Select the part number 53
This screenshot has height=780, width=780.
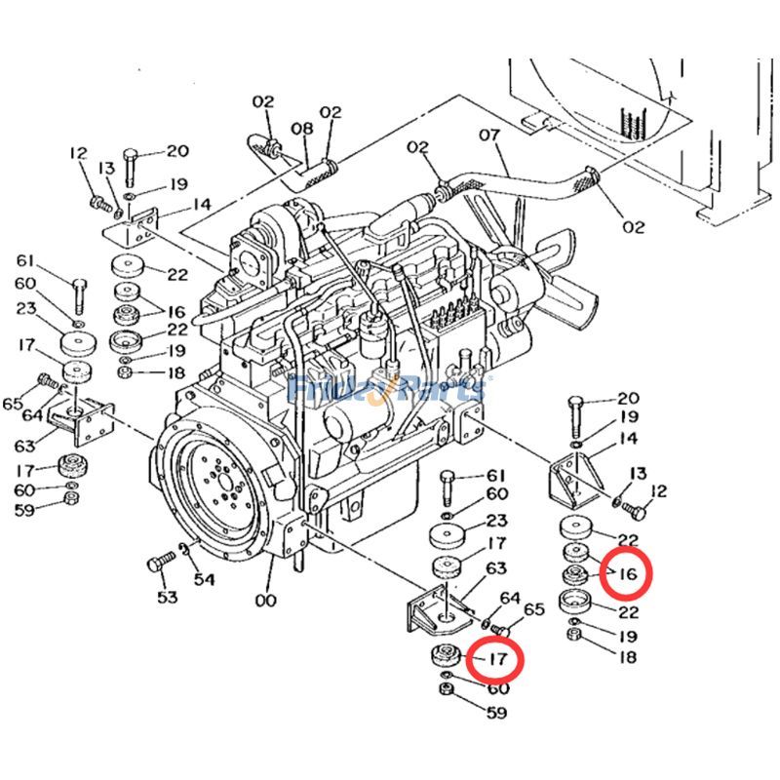tap(168, 596)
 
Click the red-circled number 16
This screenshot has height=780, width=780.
tap(625, 574)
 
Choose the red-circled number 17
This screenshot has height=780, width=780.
tap(496, 660)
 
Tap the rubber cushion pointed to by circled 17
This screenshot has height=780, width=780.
tap(444, 656)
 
